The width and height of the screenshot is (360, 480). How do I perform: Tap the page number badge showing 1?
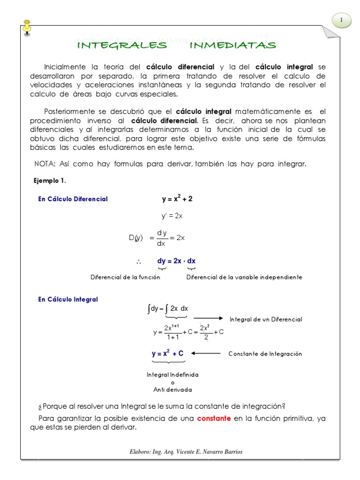342,20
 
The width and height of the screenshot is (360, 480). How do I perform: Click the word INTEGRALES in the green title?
121,45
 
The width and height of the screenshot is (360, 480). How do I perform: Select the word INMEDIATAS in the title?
233,45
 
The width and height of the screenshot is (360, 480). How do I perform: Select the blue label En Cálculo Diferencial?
73,199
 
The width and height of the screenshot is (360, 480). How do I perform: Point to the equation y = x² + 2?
177,199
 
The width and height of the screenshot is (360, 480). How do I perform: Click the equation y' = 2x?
172,216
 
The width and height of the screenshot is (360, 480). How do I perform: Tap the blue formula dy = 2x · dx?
177,261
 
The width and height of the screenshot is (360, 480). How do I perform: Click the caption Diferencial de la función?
125,277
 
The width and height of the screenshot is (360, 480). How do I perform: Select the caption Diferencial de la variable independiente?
244,277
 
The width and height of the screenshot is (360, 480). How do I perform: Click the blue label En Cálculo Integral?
68,299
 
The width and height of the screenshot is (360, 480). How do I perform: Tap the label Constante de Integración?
265,353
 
